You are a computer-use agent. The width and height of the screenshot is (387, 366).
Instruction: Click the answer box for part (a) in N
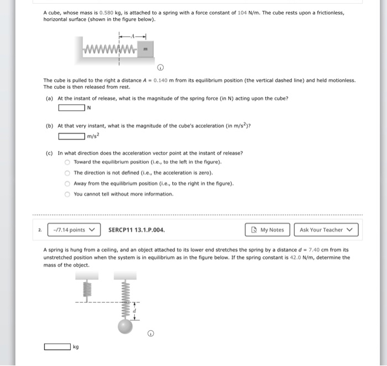72,108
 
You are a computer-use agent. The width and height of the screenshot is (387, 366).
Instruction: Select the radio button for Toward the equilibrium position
67,162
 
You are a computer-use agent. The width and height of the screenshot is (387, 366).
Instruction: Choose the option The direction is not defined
67,173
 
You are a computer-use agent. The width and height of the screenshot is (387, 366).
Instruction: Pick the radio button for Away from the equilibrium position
67,183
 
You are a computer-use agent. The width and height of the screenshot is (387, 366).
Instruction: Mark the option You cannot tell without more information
67,194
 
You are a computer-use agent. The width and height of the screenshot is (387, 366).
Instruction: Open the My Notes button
268,230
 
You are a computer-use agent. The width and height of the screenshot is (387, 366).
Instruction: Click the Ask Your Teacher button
326,230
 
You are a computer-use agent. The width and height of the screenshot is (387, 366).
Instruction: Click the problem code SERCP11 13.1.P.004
137,230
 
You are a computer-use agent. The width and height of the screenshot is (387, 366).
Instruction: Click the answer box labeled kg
57,347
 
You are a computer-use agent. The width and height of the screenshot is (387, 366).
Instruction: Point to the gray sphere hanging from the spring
125,326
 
